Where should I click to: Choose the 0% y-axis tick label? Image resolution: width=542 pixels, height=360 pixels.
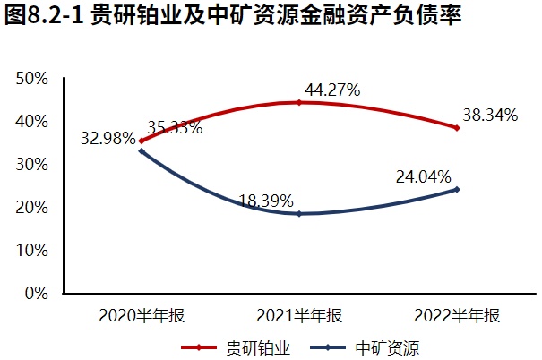36,293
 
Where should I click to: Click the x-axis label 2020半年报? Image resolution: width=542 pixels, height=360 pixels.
141,315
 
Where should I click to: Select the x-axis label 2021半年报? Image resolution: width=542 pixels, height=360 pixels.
299,315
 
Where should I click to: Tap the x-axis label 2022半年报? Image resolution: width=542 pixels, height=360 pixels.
457,315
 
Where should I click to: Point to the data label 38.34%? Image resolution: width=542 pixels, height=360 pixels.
491,115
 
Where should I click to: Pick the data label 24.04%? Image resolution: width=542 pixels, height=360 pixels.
424,177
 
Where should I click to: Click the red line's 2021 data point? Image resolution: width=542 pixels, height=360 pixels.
299,103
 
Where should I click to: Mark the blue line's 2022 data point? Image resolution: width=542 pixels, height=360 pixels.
457,189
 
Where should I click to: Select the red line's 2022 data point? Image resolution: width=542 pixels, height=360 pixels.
457,128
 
